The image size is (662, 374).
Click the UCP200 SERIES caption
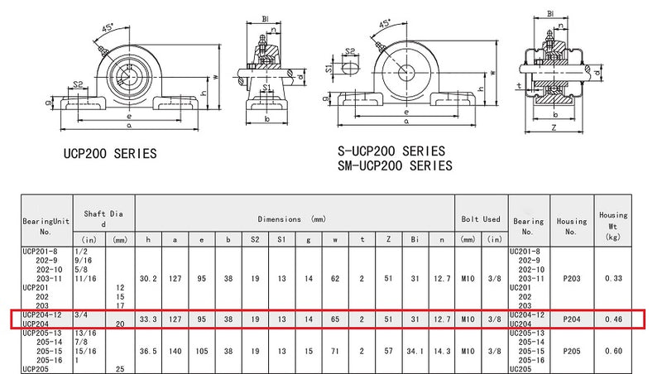coord(110,153)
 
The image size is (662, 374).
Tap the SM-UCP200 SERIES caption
coord(395,165)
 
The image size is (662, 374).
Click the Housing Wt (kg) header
coord(613,226)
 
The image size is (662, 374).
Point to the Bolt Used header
coord(481,219)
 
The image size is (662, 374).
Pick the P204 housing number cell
coord(572,319)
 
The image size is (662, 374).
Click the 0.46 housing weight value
coord(613,319)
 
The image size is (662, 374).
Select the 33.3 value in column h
coord(148,319)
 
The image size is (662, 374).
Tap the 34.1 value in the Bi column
coord(415,351)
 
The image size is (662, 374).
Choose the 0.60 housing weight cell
coord(613,351)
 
